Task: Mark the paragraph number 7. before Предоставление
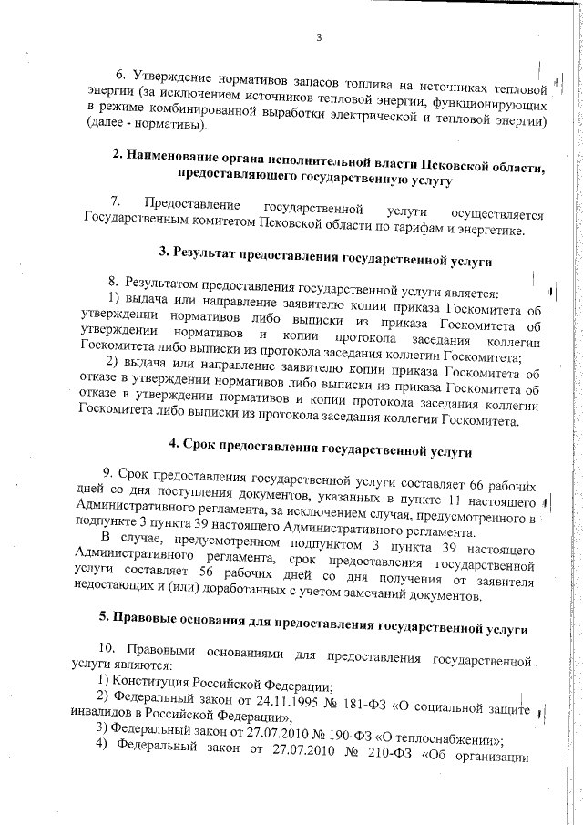(116, 201)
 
